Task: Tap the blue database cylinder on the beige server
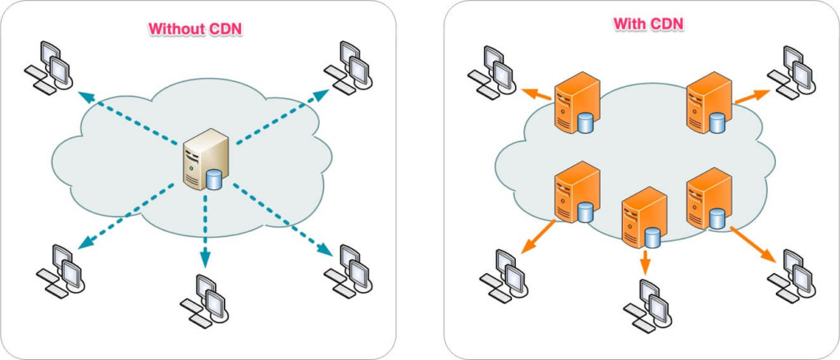point(214,178)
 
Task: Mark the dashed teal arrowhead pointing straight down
point(203,260)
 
